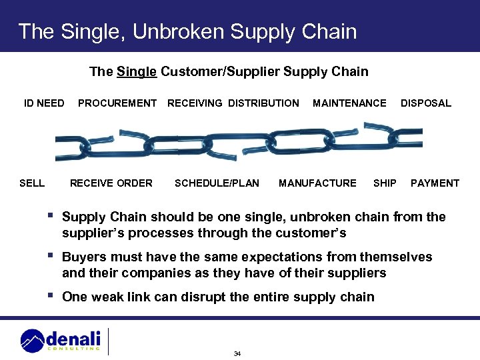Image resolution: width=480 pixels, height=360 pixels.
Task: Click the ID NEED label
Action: (44, 103)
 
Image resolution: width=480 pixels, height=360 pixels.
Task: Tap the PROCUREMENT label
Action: (117, 103)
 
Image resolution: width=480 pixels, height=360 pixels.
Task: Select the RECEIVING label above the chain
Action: (195, 103)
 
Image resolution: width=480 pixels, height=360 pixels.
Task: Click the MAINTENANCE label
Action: (349, 103)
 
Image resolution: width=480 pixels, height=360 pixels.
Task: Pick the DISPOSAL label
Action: (425, 103)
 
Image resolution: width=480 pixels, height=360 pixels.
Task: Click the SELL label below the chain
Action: (32, 183)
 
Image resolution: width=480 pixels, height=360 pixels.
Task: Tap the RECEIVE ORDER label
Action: (111, 183)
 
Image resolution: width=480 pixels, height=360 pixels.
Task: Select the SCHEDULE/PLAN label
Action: (217, 183)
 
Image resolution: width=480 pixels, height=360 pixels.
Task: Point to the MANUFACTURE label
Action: (317, 183)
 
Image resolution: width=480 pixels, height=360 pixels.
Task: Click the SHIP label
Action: (385, 183)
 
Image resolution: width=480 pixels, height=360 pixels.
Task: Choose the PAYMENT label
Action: (435, 183)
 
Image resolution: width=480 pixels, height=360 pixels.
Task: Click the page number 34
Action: (237, 353)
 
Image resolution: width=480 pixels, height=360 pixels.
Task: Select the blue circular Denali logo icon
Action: (32, 341)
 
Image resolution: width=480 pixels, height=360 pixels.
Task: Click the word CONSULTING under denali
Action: (73, 348)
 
